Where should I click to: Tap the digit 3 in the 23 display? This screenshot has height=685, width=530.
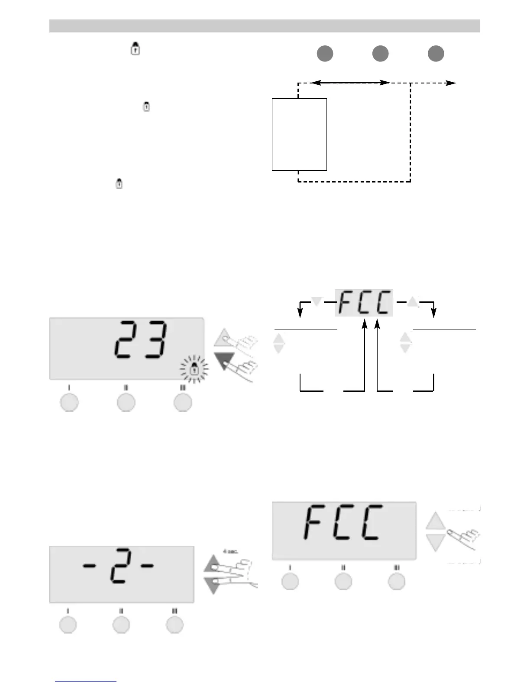pyautogui.click(x=155, y=339)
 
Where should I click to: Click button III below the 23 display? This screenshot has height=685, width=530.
pyautogui.click(x=183, y=402)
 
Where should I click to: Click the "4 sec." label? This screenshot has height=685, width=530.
pyautogui.click(x=230, y=551)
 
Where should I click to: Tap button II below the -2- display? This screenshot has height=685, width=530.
pyautogui.click(x=121, y=625)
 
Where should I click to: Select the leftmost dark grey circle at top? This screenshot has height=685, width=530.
pyautogui.click(x=325, y=54)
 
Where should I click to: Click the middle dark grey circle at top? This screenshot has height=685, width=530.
pyautogui.click(x=380, y=54)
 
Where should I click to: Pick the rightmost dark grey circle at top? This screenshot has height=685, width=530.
pyautogui.click(x=436, y=54)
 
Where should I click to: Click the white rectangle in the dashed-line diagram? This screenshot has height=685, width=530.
pyautogui.click(x=299, y=134)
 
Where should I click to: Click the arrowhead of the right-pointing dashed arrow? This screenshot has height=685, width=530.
pyautogui.click(x=452, y=83)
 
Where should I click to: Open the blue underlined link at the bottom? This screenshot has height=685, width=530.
pyautogui.click(x=86, y=681)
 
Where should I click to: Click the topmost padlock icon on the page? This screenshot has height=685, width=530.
pyautogui.click(x=136, y=49)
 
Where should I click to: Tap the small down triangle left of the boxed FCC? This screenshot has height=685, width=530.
pyautogui.click(x=317, y=301)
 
